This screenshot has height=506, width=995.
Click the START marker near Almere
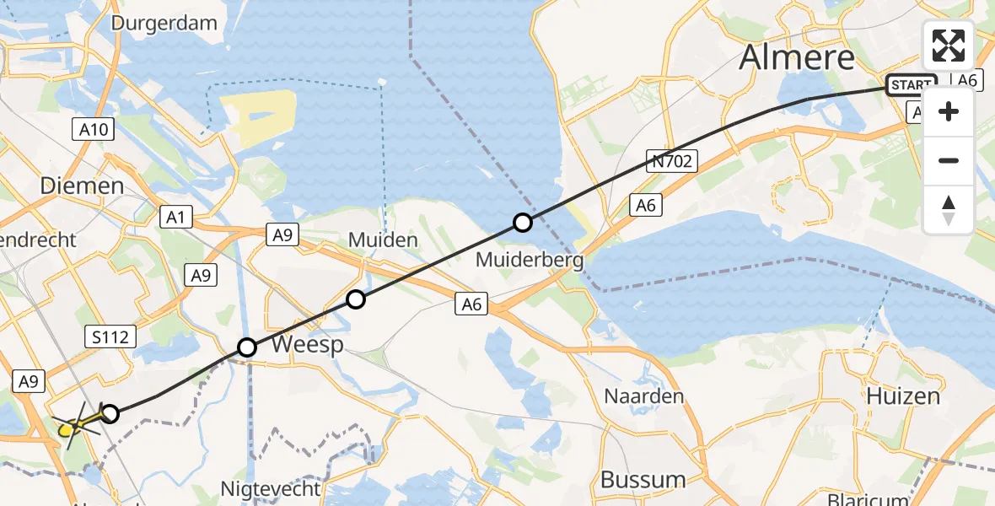(x=911, y=85)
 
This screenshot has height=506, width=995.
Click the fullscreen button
(x=949, y=46)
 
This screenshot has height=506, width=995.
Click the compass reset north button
(x=949, y=209)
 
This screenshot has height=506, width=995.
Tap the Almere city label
(x=797, y=57)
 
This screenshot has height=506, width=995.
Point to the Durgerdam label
(x=164, y=23)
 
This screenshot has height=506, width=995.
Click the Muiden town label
(x=384, y=240)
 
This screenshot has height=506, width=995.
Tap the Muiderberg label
(x=530, y=260)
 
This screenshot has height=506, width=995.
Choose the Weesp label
(x=306, y=345)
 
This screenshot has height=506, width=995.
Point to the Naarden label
(x=643, y=396)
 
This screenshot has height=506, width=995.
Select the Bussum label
(x=643, y=480)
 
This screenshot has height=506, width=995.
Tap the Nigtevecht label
(x=270, y=488)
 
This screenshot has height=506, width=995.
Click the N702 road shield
(x=672, y=160)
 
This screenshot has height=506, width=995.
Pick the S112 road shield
(x=110, y=337)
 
